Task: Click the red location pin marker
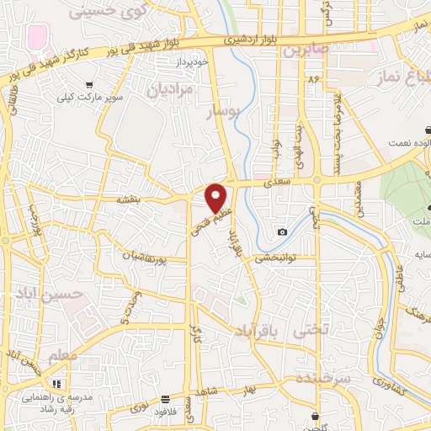[x=217, y=197]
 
